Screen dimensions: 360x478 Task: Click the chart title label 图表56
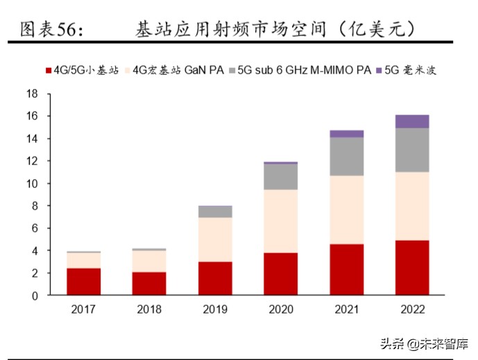pos(51,29)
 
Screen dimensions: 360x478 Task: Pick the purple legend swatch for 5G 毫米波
pos(379,70)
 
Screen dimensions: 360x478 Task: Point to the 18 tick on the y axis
pos(31,94)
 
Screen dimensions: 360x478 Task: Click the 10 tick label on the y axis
pos(31,184)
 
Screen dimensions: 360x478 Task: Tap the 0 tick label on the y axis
pos(34,295)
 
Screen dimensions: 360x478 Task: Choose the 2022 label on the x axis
pos(411,309)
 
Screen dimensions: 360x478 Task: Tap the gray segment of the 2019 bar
pos(215,212)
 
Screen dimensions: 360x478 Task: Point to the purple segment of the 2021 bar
pos(346,134)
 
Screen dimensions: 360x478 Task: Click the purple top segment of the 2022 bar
pos(411,121)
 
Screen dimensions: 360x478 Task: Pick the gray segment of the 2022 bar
pos(411,150)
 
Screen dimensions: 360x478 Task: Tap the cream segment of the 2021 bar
pos(346,209)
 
